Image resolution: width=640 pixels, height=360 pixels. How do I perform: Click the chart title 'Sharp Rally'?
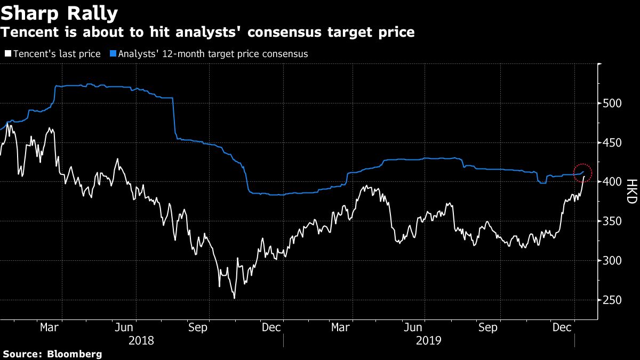(x=59, y=12)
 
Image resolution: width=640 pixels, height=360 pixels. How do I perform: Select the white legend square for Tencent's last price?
(x=7, y=54)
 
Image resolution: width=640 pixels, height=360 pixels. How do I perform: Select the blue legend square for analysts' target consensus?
(x=113, y=54)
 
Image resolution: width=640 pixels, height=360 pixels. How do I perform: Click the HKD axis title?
(x=632, y=191)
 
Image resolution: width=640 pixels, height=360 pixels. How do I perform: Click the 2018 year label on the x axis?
(x=141, y=340)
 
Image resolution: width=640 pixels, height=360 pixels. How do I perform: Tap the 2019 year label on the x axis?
(x=429, y=340)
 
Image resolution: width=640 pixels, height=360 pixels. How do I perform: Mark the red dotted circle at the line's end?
(x=582, y=172)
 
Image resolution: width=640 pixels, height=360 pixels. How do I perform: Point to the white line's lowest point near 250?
(x=234, y=298)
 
